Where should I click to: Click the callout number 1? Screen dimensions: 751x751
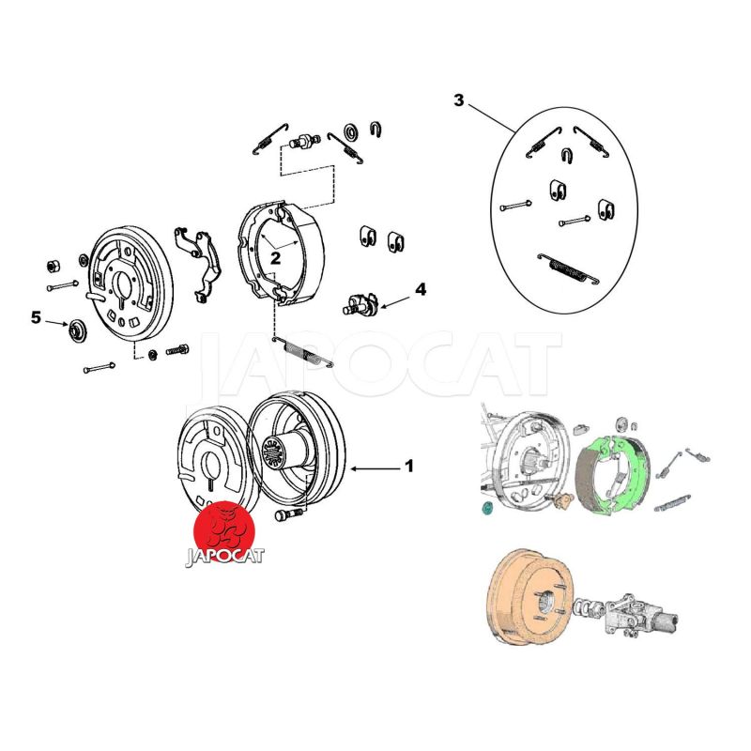click(x=408, y=466)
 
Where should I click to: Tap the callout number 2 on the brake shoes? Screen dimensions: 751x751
click(x=276, y=255)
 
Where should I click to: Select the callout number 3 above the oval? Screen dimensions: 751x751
click(x=458, y=100)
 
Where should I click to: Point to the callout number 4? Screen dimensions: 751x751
click(x=421, y=290)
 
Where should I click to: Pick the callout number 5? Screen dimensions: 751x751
click(x=36, y=318)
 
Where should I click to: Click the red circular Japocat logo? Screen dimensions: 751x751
click(x=225, y=527)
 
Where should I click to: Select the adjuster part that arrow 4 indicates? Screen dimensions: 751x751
click(x=359, y=303)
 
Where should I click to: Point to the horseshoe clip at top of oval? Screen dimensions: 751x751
click(x=567, y=155)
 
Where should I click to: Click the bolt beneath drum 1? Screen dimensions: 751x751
click(x=286, y=514)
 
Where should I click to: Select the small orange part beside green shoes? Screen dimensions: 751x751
click(x=562, y=502)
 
